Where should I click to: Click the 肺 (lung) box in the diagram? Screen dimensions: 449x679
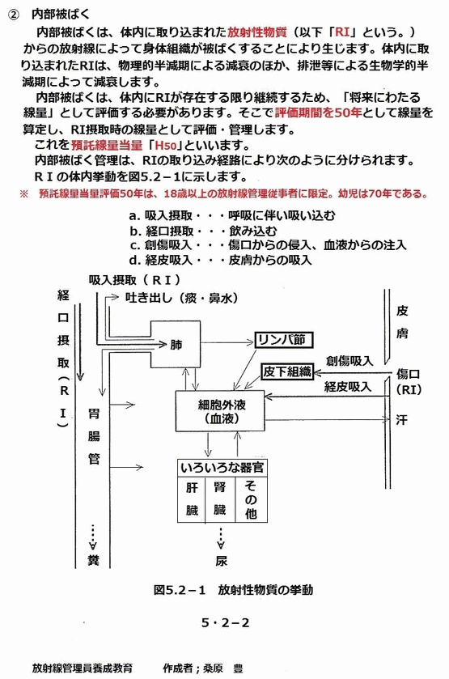[176, 344]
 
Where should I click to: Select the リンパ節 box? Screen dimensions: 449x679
[283, 341]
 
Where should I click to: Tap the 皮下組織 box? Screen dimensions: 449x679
[286, 371]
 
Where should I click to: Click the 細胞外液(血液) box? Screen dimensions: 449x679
[220, 411]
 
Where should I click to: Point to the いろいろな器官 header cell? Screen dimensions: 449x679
[222, 468]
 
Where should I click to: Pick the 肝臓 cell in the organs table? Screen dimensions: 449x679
[192, 499]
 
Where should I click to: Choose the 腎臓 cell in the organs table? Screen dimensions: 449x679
[219, 499]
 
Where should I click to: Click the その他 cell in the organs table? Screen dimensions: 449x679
[251, 499]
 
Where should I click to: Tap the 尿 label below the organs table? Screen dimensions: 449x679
[221, 561]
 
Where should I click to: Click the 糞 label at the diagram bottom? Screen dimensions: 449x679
[93, 560]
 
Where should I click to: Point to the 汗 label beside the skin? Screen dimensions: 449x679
[401, 419]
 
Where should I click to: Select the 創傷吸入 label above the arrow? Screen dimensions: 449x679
[349, 361]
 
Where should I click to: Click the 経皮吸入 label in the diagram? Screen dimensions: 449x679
[348, 386]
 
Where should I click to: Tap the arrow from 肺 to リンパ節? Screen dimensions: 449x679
[227, 342]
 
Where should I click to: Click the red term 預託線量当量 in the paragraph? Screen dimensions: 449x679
[107, 145]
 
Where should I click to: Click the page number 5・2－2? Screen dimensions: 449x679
[225, 622]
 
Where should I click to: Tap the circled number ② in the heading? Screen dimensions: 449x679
[14, 15]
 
